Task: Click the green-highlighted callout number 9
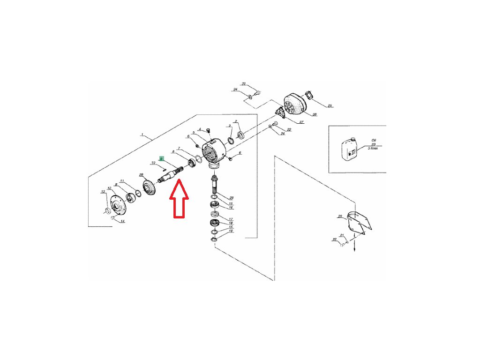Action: point(161,158)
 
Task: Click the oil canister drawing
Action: point(350,149)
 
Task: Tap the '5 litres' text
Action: point(374,148)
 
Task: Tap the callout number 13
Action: point(104,192)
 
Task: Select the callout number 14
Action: point(123,221)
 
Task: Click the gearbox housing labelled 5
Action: point(215,148)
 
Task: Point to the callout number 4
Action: point(200,129)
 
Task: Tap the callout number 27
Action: point(301,122)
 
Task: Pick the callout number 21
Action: point(342,235)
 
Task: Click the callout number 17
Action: point(231,219)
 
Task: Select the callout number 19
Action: point(231,231)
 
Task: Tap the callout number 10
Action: point(153,163)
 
